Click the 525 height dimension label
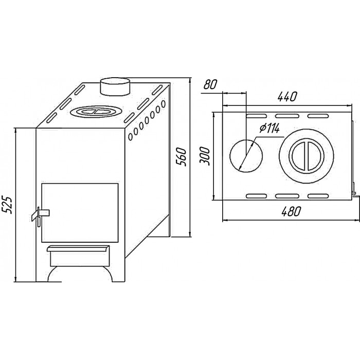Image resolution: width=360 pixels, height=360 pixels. pos(6,205)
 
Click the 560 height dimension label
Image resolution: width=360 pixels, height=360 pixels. pos(181,157)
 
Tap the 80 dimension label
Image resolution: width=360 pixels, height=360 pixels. pos(210,84)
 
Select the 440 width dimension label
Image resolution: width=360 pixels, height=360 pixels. pos(287,97)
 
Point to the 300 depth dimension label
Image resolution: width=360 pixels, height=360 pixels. pos(205,156)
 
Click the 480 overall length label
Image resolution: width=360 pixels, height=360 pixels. pos(291,211)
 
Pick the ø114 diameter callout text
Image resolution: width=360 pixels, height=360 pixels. pos(270,128)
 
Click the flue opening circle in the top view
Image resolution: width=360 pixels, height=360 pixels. pos(246,156)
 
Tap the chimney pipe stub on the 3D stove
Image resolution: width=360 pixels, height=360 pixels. pos(115,86)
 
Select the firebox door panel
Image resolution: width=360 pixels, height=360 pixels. pos(80,212)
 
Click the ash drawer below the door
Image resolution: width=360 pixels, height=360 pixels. pos(78,255)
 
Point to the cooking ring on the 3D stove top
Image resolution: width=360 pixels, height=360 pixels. pos(96,112)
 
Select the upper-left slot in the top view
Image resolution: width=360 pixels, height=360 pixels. pos(257,116)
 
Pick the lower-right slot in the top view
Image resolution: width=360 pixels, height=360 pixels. pos(318,196)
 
